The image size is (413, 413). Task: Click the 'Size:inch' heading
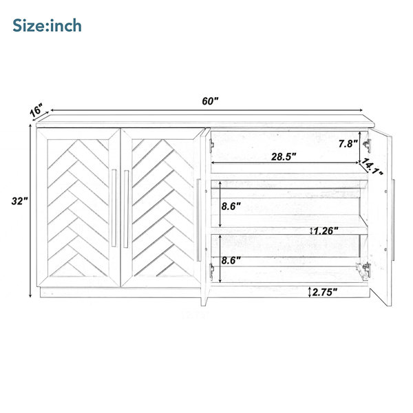(47, 25)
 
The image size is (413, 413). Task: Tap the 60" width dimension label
(210, 101)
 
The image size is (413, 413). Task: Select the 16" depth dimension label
(36, 109)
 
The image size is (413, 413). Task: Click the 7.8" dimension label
(348, 144)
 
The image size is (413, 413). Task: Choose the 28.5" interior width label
(284, 157)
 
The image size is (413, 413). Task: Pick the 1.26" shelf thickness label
(326, 231)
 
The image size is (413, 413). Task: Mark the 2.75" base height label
(324, 292)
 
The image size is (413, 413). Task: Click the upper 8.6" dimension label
(231, 206)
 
